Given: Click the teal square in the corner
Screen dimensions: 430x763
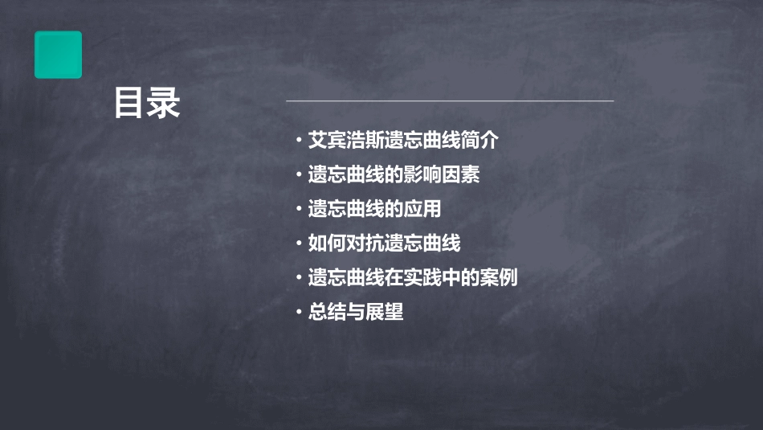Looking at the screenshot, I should coord(58,55).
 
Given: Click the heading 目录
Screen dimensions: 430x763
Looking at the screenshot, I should coord(147,103).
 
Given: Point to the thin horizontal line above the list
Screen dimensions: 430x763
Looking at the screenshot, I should coord(450,101).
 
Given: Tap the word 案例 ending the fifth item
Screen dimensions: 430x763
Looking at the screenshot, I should coord(499,278).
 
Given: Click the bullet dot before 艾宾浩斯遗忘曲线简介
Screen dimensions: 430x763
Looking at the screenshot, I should coord(299,141).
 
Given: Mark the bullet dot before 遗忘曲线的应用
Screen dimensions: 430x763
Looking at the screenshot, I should coord(299,211).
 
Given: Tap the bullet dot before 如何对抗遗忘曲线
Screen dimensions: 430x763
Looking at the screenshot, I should coord(299,244).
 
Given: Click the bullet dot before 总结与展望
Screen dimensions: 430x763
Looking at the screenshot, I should coord(299,313).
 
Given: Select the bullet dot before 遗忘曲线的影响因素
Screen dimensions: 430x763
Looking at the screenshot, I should coord(299,176).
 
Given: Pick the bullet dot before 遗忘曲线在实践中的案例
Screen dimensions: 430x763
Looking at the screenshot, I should coord(299,279).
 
